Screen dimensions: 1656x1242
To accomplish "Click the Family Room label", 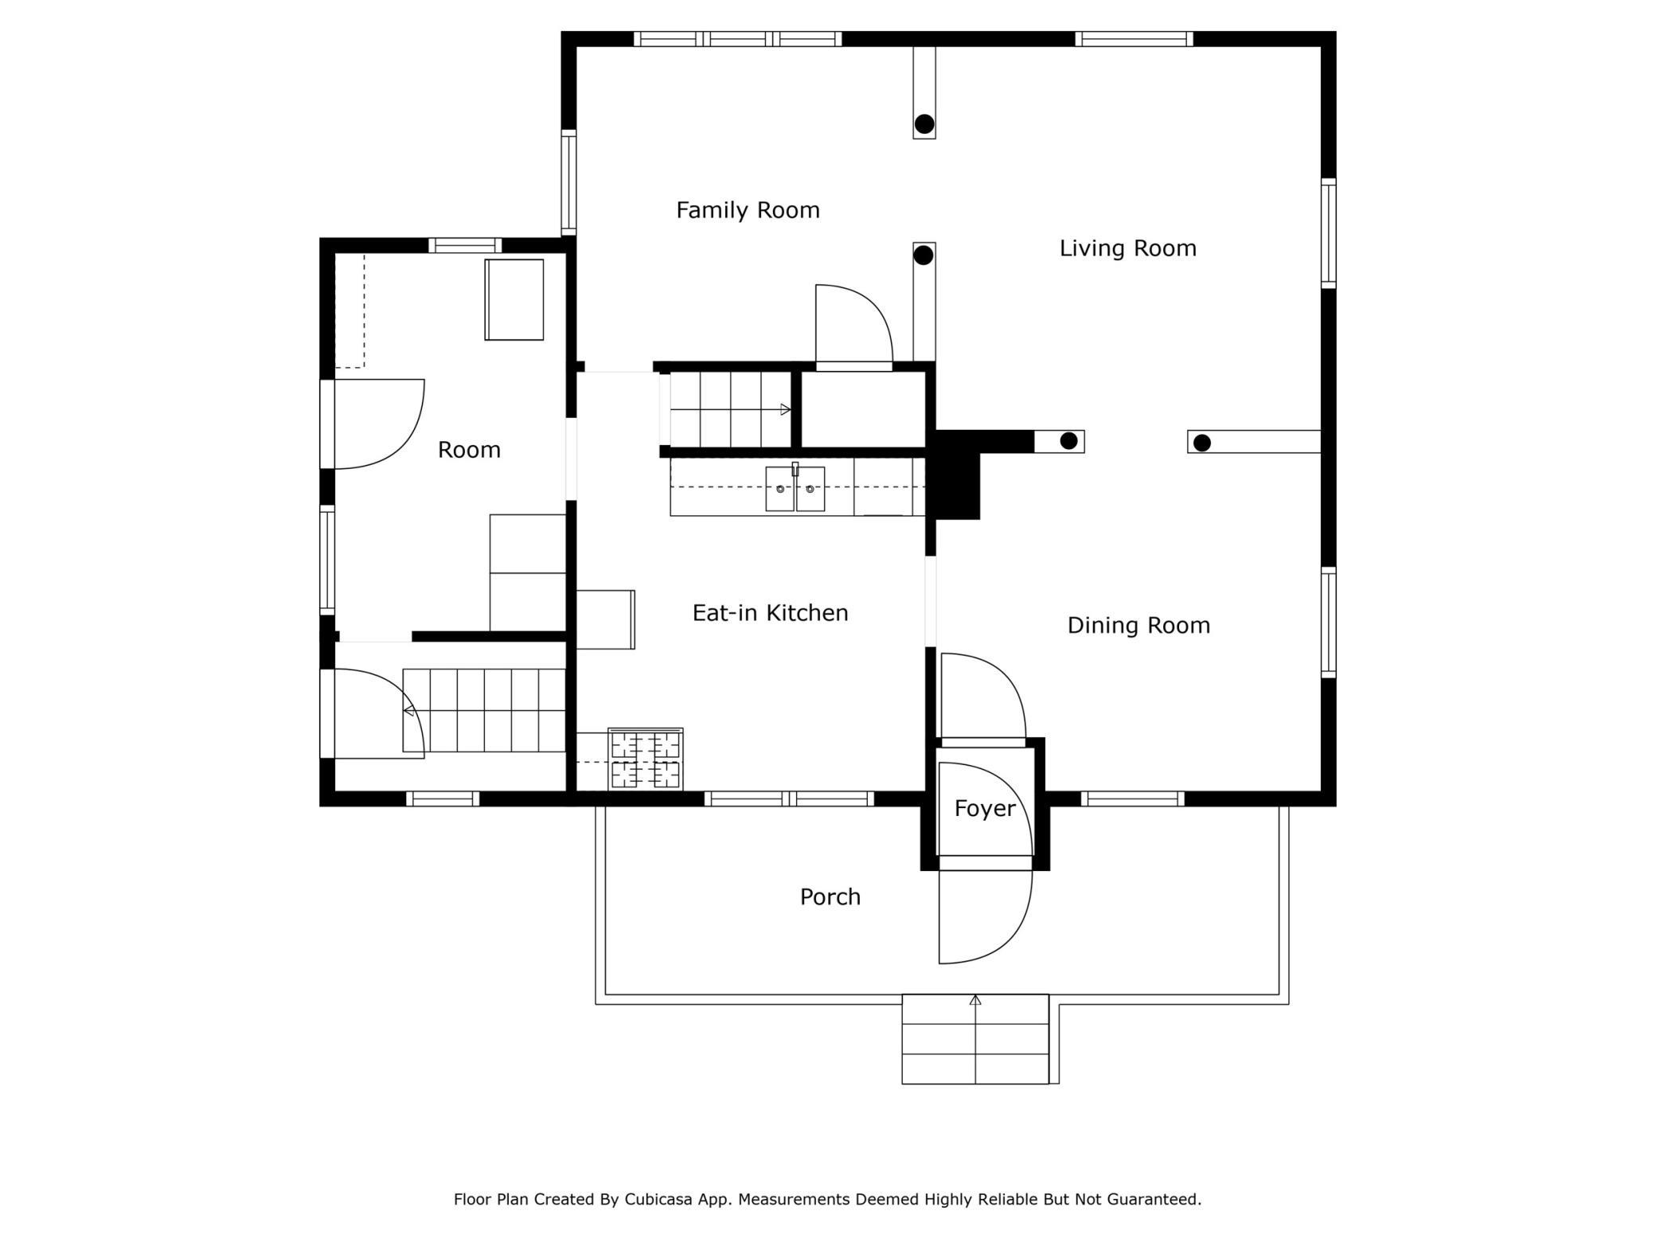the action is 748,210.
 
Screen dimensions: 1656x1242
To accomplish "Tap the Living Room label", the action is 1127,248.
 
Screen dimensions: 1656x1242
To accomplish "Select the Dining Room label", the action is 1138,626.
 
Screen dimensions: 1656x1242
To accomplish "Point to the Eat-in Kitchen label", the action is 770,613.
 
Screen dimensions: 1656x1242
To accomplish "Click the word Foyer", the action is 985,809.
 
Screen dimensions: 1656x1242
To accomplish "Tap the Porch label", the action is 830,897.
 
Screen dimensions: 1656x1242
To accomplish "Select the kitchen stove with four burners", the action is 645,760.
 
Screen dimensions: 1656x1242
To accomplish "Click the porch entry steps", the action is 975,1039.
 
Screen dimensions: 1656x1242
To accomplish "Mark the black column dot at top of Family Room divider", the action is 924,124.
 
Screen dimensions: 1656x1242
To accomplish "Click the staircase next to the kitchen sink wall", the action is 731,410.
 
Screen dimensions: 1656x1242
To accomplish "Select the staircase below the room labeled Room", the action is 484,710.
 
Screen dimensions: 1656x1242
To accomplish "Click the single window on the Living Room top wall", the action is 1134,39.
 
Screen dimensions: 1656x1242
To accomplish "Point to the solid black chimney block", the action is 956,475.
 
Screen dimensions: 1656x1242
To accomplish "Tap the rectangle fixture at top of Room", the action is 514,299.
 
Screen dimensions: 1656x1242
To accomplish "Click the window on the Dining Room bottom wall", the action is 1132,799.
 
